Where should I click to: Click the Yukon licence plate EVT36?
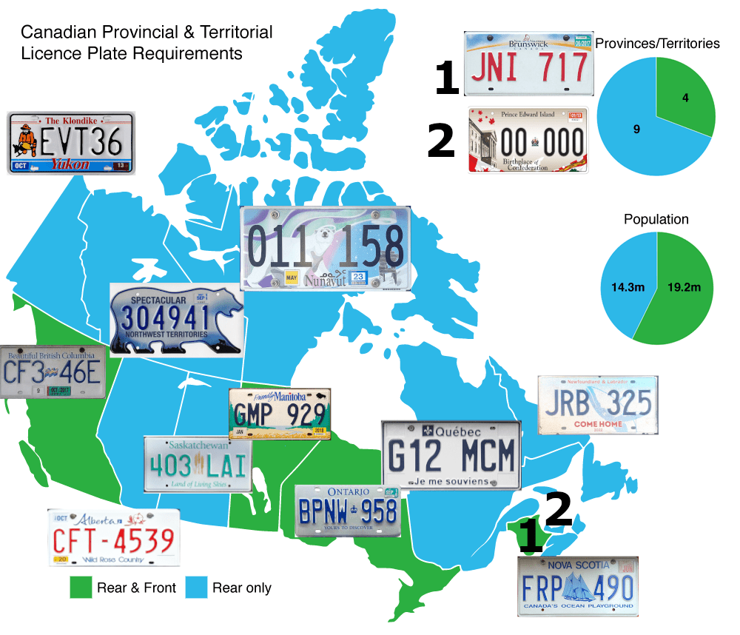pos(71,143)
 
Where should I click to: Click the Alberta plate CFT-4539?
pos(114,537)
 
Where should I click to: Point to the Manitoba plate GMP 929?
pos(280,414)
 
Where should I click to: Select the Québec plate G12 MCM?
pos(451,455)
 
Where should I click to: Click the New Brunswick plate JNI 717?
pos(528,64)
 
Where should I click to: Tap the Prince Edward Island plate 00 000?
pos(528,140)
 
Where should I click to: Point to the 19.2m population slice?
pos(684,289)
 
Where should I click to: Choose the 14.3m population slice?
pos(625,285)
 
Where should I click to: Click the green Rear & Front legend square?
pos(79,588)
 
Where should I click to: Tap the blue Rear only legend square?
pos(195,588)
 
